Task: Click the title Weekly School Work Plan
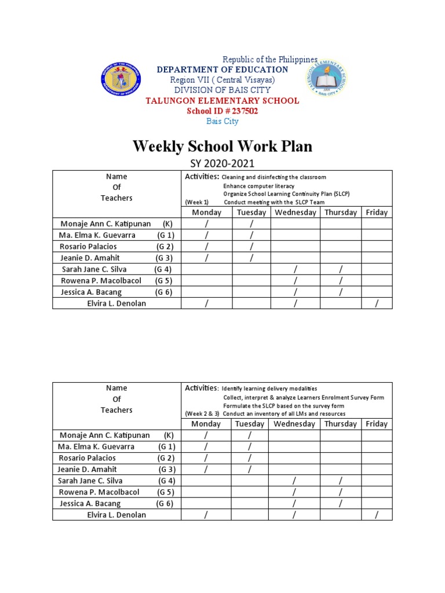(222, 146)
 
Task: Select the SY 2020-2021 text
(222, 164)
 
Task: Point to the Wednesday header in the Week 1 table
(295, 213)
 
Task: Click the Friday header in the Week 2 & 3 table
(377, 424)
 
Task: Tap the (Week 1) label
(197, 202)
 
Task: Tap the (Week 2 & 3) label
(202, 413)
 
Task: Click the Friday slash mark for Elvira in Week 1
(377, 303)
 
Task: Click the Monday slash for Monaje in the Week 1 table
(206, 224)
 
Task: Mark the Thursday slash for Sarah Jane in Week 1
(341, 269)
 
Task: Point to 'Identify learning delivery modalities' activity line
(269, 388)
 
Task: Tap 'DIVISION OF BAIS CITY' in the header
(222, 90)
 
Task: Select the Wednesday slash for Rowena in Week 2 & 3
(295, 492)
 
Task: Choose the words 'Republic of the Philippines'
(271, 60)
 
